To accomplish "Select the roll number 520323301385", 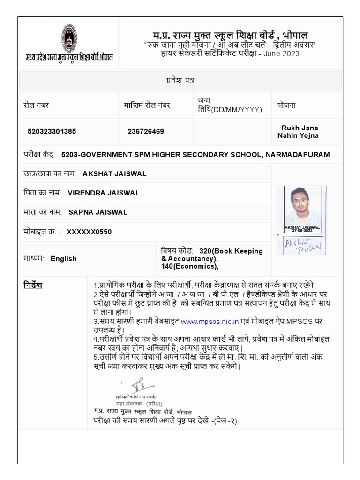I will click(52, 131).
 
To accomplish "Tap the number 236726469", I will click(146, 131).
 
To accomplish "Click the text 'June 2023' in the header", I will click(281, 53).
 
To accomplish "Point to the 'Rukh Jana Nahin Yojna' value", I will click(300, 132).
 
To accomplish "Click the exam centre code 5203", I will click(69, 155).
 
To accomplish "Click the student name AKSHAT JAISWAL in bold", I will click(114, 174).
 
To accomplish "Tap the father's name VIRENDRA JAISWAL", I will click(103, 193).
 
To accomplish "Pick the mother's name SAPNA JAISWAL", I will click(98, 212).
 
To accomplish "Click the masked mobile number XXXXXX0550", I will click(89, 232).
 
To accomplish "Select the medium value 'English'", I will click(64, 259).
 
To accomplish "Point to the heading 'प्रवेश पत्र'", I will click(180, 81).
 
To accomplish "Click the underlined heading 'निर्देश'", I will click(33, 285).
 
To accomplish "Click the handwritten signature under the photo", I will click(302, 244).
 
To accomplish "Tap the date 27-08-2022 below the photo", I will click(302, 231).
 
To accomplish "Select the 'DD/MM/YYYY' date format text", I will click(237, 110).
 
